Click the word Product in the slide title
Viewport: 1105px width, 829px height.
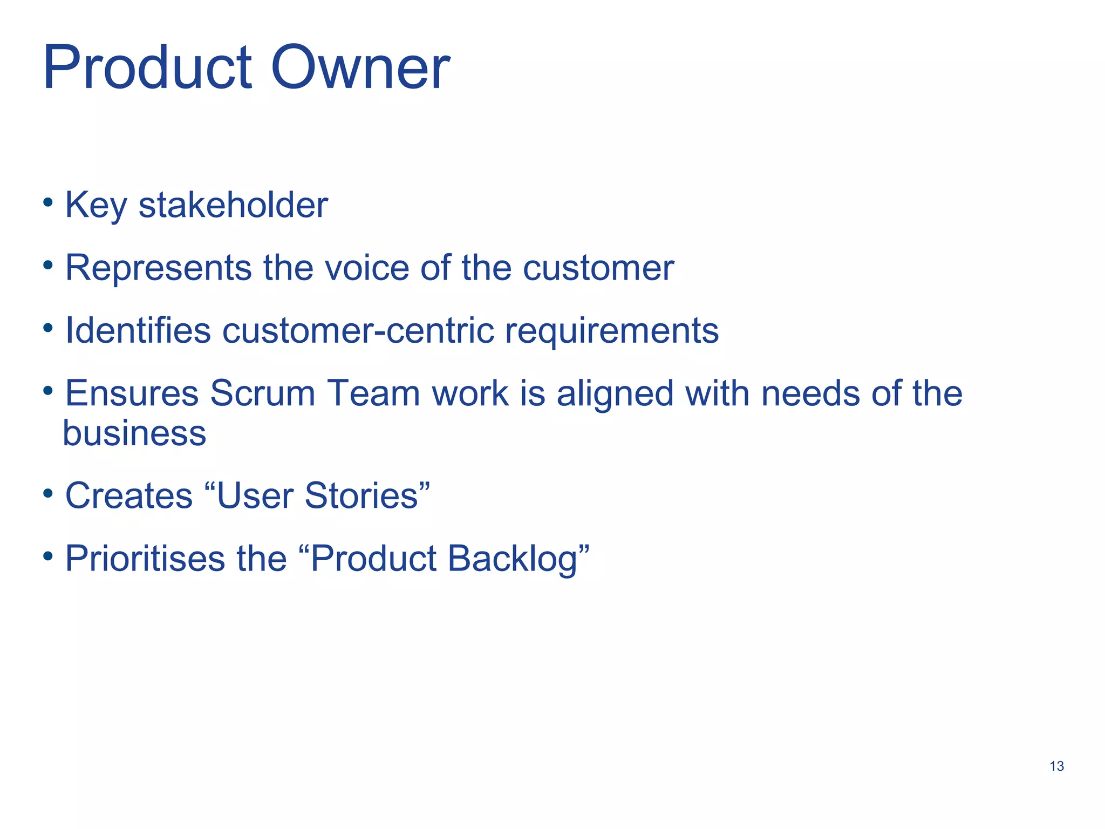[147, 69]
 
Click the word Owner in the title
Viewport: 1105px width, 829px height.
[360, 69]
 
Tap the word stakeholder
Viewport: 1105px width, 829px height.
[233, 206]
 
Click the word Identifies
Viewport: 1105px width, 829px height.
[138, 330]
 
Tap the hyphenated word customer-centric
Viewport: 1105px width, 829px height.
[358, 330]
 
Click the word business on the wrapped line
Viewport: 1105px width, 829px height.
[134, 433]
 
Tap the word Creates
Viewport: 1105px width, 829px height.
[128, 495]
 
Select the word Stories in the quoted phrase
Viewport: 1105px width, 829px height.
[361, 495]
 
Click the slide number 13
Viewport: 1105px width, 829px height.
[1056, 766]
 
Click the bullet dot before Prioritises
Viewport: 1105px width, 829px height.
[49, 555]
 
